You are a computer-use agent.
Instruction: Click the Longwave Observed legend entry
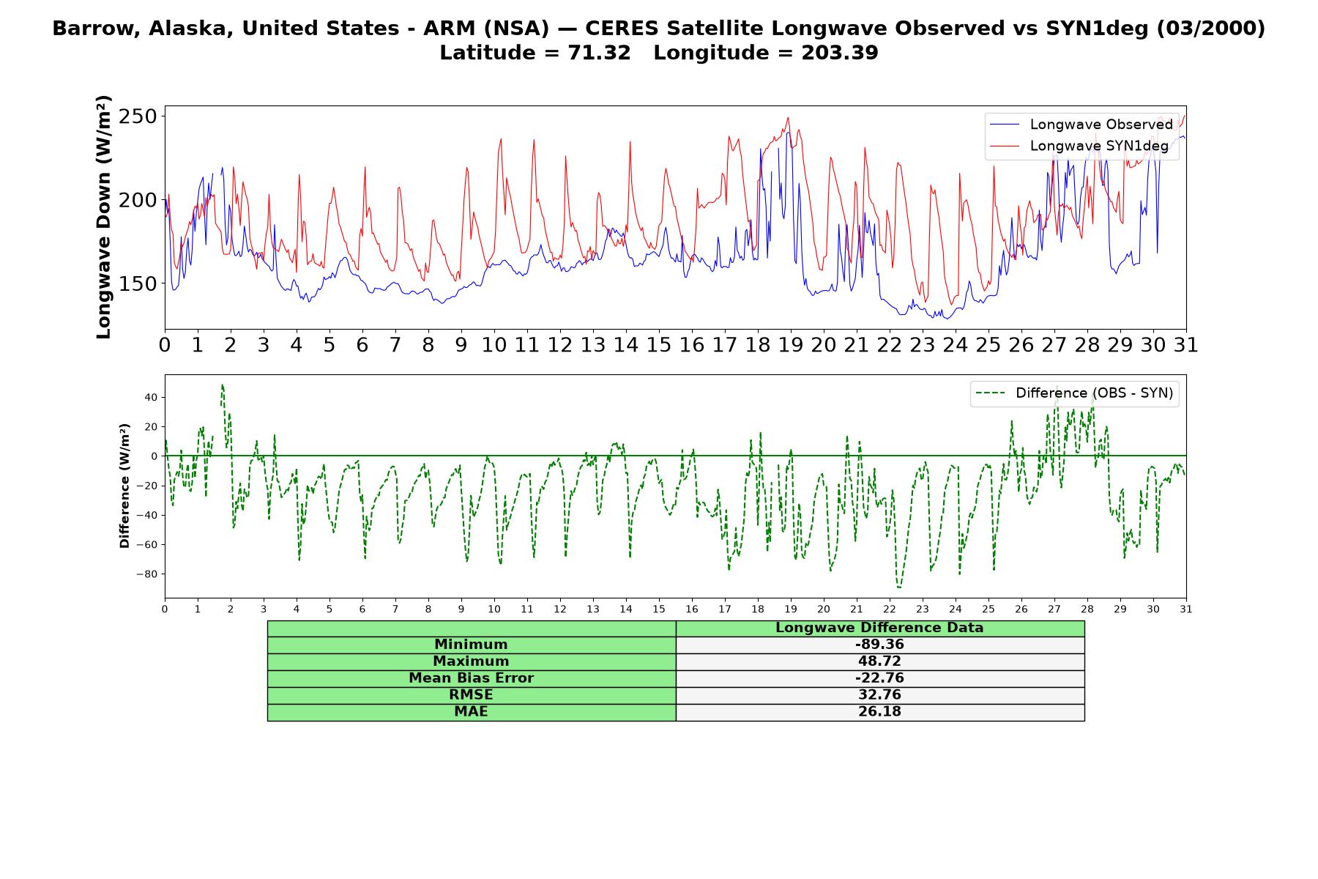(x=1081, y=125)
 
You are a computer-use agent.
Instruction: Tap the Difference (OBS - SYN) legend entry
(x=1074, y=393)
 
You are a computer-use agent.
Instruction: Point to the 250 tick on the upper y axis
(x=138, y=116)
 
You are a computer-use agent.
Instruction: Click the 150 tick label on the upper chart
(x=138, y=283)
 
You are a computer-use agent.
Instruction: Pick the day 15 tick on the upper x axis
(x=658, y=344)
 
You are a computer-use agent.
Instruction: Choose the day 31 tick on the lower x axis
(x=1186, y=609)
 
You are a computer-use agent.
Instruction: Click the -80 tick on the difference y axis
(x=146, y=574)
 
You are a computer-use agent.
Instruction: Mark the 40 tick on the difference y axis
(x=151, y=397)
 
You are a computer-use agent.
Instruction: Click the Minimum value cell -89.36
(x=879, y=645)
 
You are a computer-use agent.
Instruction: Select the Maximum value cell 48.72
(x=879, y=661)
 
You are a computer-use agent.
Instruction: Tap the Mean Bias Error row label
(x=471, y=678)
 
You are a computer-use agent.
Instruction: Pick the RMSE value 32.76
(x=879, y=695)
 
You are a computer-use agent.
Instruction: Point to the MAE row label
(x=471, y=712)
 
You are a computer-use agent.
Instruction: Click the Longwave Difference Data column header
(x=879, y=628)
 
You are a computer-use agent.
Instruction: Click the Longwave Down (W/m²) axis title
(x=103, y=217)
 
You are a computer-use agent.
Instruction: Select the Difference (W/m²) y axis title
(x=124, y=486)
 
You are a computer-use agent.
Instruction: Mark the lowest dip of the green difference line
(x=898, y=587)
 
